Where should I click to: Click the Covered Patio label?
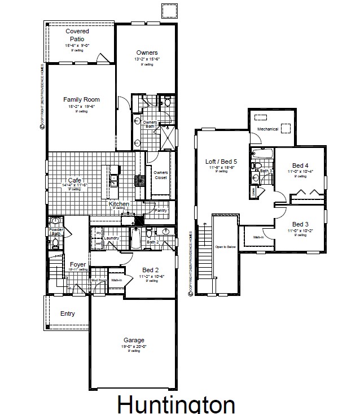click(x=77, y=35)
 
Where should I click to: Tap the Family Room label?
click(x=81, y=99)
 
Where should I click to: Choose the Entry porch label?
click(x=67, y=313)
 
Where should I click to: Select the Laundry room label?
click(x=113, y=239)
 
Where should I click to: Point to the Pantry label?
click(x=161, y=210)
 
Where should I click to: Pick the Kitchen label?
click(x=118, y=203)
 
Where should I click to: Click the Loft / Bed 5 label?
click(x=222, y=161)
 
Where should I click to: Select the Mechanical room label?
click(x=268, y=129)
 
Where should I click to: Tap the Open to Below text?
click(x=224, y=247)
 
